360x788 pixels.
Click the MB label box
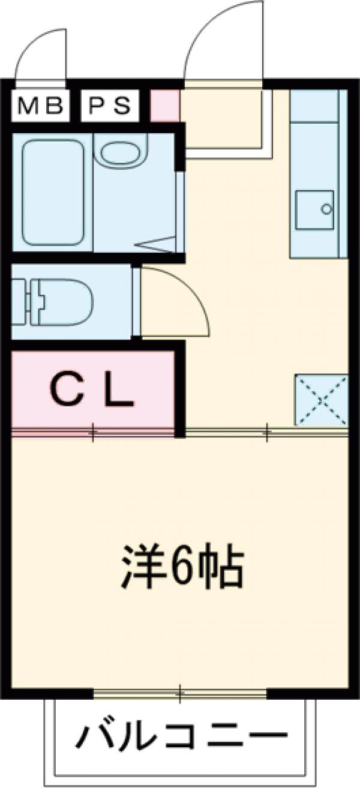(40, 106)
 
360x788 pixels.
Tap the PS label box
(110, 106)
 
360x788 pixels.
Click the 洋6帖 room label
(182, 566)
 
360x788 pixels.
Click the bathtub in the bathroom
(52, 192)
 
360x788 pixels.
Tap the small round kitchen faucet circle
(326, 209)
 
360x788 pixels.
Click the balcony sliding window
(179, 694)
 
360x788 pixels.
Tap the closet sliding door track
(93, 432)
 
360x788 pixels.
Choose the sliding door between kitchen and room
(266, 431)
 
